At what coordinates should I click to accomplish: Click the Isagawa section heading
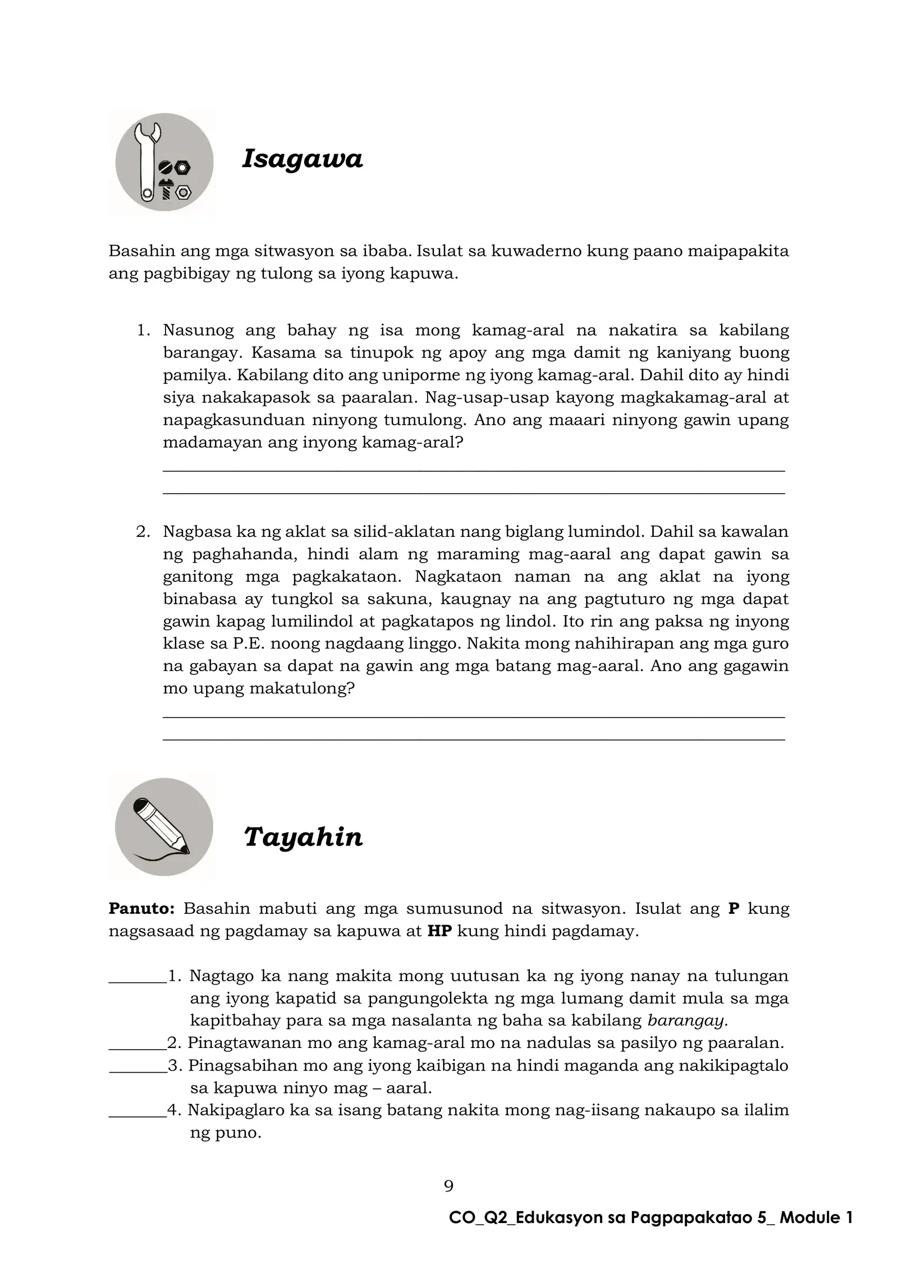coord(302,159)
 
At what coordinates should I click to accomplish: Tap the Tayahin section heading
coord(303,837)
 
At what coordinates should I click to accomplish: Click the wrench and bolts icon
coord(164,162)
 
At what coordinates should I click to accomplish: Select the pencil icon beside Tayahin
coord(164,826)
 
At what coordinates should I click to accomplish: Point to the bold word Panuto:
coord(142,908)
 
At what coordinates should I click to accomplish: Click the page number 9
coord(448,1186)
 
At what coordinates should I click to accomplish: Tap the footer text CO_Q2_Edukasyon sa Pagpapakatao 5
coord(651,1217)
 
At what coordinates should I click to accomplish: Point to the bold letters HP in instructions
coord(439,931)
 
